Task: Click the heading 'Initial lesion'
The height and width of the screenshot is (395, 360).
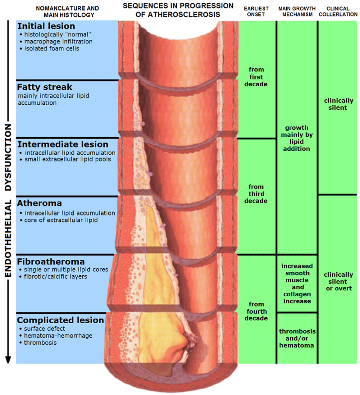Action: click(x=46, y=26)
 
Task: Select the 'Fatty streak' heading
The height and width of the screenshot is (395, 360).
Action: click(x=44, y=87)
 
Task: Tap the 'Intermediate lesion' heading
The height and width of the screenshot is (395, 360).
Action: click(x=62, y=145)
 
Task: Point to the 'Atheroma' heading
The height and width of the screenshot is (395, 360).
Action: click(x=39, y=203)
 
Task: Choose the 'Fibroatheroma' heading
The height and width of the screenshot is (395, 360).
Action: click(x=51, y=261)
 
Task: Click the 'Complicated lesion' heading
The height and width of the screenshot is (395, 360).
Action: click(x=60, y=320)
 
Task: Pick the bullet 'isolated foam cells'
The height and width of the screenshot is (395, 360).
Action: click(x=49, y=48)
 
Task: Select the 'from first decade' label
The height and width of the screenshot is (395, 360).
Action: click(x=256, y=77)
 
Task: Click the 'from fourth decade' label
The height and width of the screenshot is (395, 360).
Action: click(x=256, y=311)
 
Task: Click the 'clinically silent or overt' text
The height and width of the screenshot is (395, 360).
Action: click(x=338, y=281)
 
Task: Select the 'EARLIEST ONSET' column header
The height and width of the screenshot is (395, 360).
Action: click(x=256, y=11)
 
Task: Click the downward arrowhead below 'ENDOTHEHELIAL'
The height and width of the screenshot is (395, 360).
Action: click(x=8, y=360)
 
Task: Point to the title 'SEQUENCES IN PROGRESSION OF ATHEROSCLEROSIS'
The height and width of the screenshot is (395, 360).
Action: click(x=178, y=10)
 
